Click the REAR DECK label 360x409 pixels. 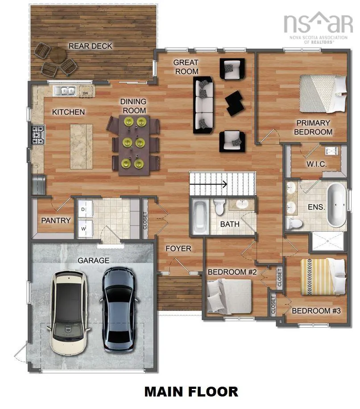tap(90, 46)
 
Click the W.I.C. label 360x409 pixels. tap(316, 164)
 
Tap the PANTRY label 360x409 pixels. tap(56, 220)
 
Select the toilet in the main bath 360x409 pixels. tap(220, 207)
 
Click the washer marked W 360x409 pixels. tap(84, 228)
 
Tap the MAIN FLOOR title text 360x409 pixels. tap(191, 392)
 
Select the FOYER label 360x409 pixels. tap(178, 248)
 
